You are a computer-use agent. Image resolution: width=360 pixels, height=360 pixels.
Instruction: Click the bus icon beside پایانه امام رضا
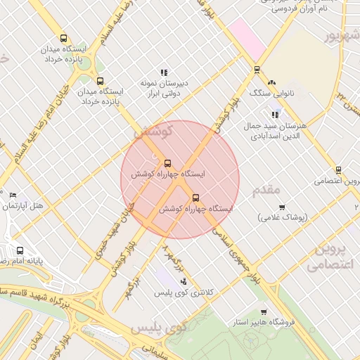point(20,250)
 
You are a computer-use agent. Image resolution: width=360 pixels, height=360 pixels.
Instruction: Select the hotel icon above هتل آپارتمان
point(13,195)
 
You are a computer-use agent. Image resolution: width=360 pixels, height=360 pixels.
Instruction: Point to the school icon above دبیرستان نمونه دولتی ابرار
point(164,72)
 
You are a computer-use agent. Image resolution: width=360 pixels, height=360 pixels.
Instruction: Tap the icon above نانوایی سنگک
point(271,82)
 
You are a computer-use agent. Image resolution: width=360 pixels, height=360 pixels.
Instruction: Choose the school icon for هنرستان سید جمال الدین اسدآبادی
point(275,115)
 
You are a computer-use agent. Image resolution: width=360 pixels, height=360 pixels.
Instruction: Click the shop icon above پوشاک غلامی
point(282,207)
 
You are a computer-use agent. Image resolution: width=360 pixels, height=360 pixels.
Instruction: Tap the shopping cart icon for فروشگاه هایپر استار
point(264,311)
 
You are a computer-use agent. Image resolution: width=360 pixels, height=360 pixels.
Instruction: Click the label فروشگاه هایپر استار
point(264,322)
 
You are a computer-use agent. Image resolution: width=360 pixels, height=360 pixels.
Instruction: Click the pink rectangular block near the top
point(246,37)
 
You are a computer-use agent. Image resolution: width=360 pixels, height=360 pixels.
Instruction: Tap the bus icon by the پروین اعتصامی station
point(338,170)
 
